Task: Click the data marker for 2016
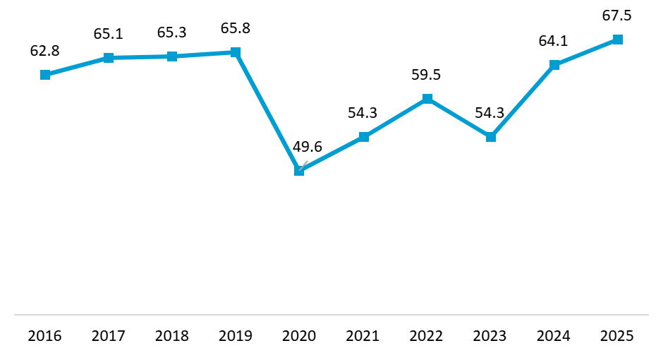[x=45, y=75]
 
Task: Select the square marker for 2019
[x=236, y=52]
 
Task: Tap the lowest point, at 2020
[x=299, y=171]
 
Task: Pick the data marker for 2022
[x=427, y=99]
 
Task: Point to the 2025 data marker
[x=617, y=40]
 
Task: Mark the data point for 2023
[x=491, y=137]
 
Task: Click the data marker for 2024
[x=554, y=65]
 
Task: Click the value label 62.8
[x=44, y=52]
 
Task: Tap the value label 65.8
[x=236, y=28]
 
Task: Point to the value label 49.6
[x=308, y=147]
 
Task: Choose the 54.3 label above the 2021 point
[x=363, y=113]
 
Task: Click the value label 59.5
[x=427, y=75]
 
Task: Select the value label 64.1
[x=553, y=41]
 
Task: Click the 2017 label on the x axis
[x=109, y=336]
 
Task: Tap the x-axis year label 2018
[x=172, y=336]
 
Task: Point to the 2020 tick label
[x=299, y=336]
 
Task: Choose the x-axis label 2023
[x=490, y=336]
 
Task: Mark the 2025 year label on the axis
[x=617, y=336]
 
